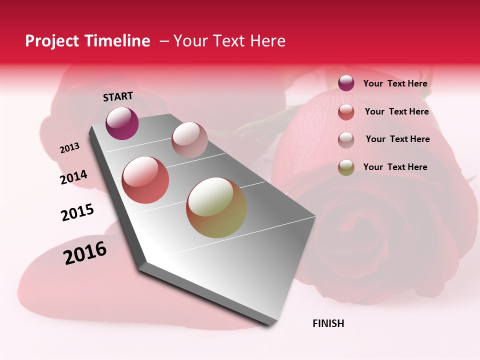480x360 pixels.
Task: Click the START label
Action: click(x=118, y=96)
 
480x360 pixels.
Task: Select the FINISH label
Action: click(x=328, y=323)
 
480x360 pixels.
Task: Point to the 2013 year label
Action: click(x=69, y=148)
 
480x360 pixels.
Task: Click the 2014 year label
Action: click(x=73, y=177)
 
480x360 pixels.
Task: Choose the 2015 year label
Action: click(x=77, y=212)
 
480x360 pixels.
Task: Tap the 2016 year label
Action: click(x=85, y=252)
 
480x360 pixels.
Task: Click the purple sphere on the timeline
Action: click(x=122, y=123)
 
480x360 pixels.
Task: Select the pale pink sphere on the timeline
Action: click(x=189, y=140)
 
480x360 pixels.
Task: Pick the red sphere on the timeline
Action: click(x=145, y=179)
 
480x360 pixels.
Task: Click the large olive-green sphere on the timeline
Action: click(x=216, y=207)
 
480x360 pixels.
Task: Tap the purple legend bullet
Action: click(x=346, y=83)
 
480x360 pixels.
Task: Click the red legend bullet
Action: click(x=346, y=112)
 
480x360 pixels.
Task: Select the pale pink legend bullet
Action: click(x=346, y=140)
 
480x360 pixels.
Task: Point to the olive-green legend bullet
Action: click(x=346, y=167)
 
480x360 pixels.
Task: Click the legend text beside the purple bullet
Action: click(x=395, y=83)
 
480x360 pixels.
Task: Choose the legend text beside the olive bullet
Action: click(x=395, y=167)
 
